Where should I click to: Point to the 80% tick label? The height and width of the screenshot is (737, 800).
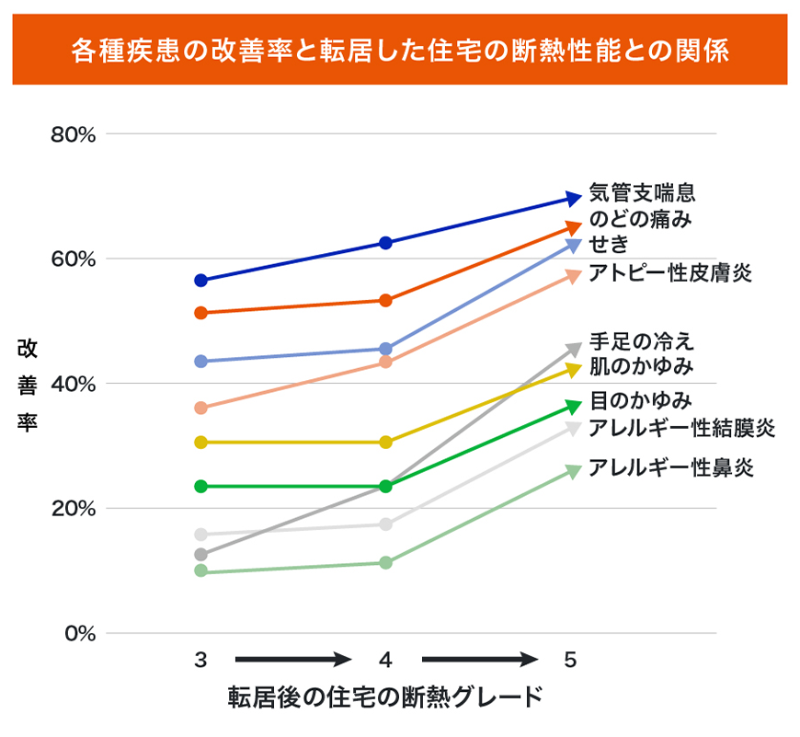click(74, 134)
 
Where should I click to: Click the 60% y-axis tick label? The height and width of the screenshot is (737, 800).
click(74, 259)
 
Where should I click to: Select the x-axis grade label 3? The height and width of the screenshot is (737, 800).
click(200, 660)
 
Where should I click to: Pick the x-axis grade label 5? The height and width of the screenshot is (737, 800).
click(570, 660)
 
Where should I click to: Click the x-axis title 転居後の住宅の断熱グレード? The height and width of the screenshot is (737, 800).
click(385, 697)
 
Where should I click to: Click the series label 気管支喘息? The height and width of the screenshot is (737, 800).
click(641, 194)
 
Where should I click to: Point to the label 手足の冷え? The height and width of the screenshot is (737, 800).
click(641, 342)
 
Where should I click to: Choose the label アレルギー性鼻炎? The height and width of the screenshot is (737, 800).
click(671, 467)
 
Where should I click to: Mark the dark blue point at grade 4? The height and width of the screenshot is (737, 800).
click(385, 243)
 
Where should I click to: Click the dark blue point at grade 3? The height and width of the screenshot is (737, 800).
click(200, 280)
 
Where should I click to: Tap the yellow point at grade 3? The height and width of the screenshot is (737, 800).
click(200, 443)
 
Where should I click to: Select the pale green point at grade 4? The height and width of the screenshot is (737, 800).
click(385, 562)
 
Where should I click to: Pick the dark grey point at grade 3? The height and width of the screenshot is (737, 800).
click(200, 555)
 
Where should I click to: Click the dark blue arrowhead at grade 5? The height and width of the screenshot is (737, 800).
click(573, 198)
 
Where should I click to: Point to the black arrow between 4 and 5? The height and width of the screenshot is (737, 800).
click(479, 660)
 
